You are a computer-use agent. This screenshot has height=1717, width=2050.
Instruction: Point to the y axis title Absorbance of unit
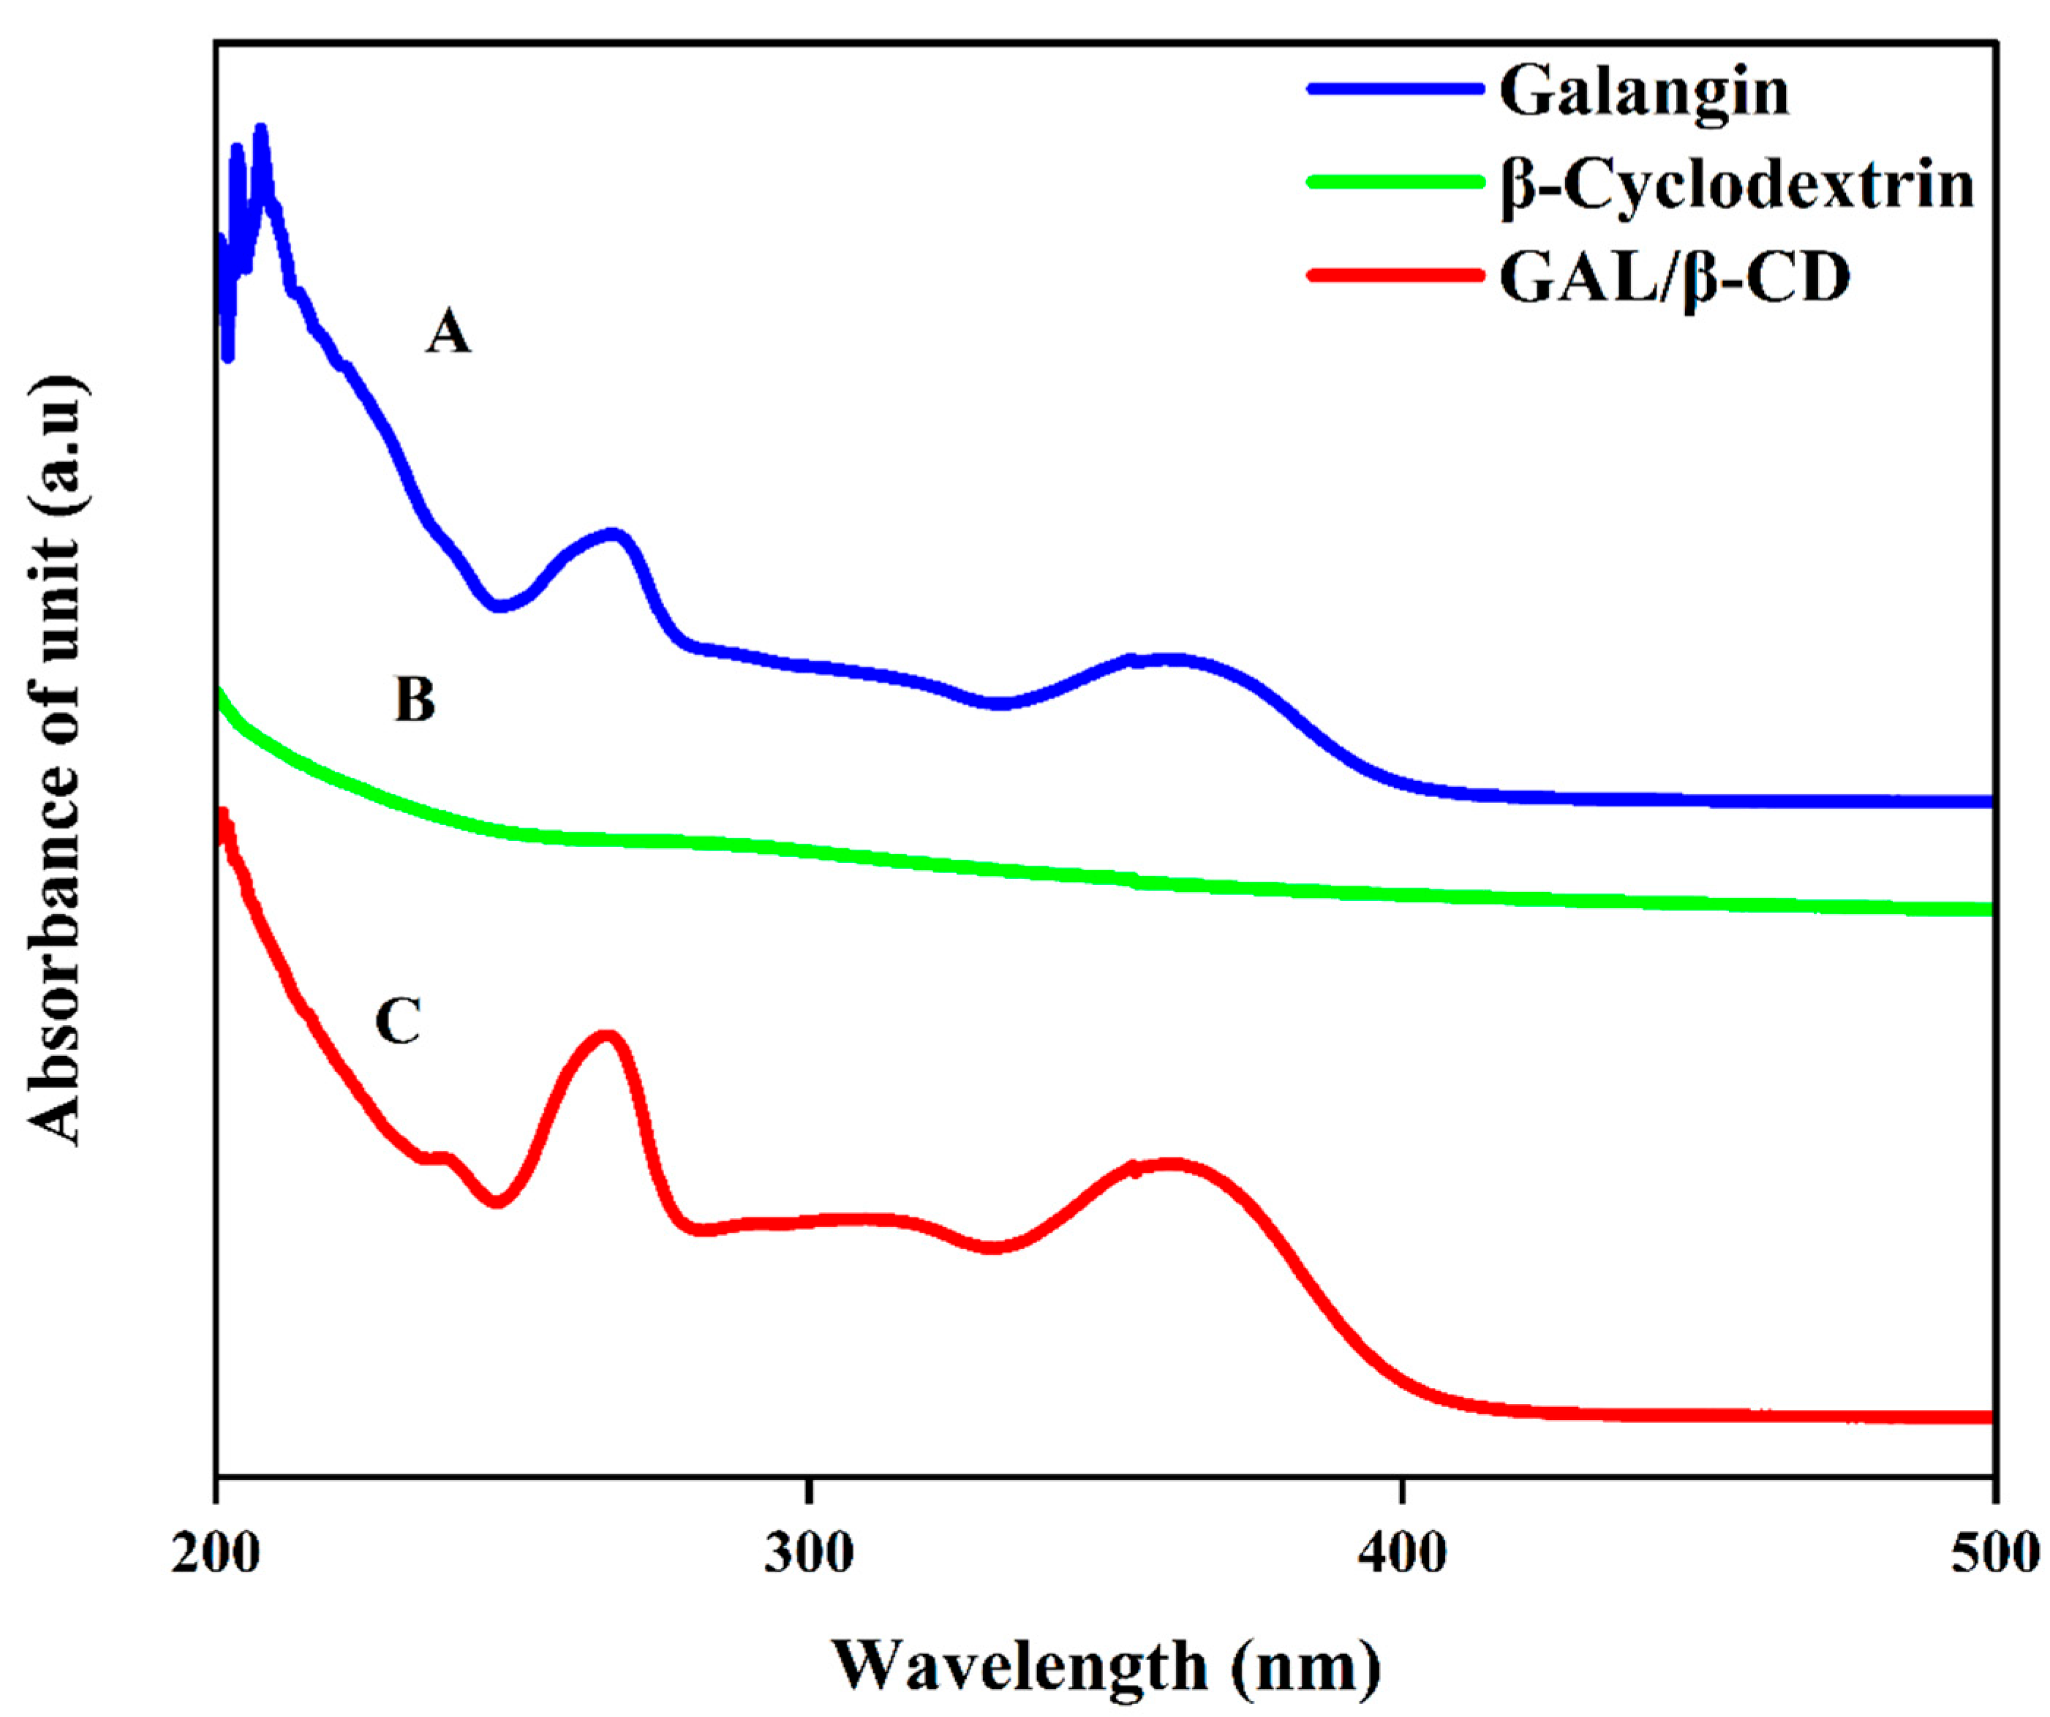56,761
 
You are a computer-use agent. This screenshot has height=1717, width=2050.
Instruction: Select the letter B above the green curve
415,701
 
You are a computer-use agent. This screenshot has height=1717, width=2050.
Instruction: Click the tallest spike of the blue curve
260,130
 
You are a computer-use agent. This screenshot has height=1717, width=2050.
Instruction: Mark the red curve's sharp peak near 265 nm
606,1037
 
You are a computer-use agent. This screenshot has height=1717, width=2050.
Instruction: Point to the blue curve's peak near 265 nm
612,535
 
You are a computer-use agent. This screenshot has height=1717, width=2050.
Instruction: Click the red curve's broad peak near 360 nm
1167,1164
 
